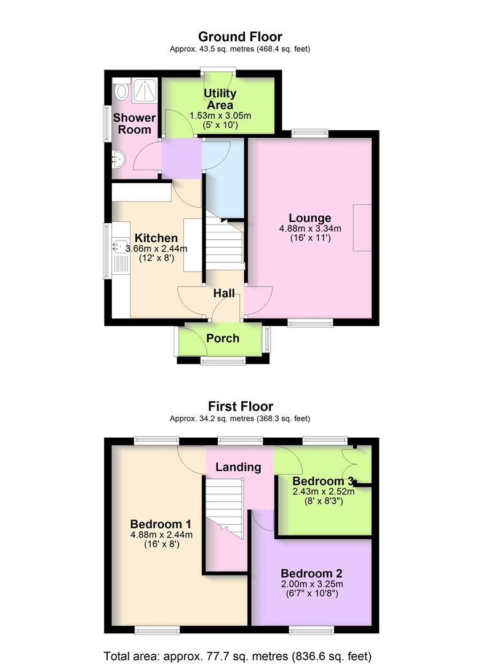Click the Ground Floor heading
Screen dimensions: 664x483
241,37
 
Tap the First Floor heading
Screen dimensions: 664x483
241,406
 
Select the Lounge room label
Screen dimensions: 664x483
310,218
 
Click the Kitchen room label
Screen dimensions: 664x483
156,238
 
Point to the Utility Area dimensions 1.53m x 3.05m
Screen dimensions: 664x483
220,116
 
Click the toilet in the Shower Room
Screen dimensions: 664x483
122,92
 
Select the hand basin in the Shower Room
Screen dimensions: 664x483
118,159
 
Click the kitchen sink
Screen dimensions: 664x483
118,248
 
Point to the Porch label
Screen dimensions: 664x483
222,338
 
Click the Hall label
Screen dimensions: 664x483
224,294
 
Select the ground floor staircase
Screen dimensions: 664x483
223,243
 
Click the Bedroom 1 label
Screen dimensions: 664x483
161,524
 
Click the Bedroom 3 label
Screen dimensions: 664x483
322,481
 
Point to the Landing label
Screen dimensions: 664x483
238,467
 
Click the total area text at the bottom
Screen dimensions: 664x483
238,655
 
